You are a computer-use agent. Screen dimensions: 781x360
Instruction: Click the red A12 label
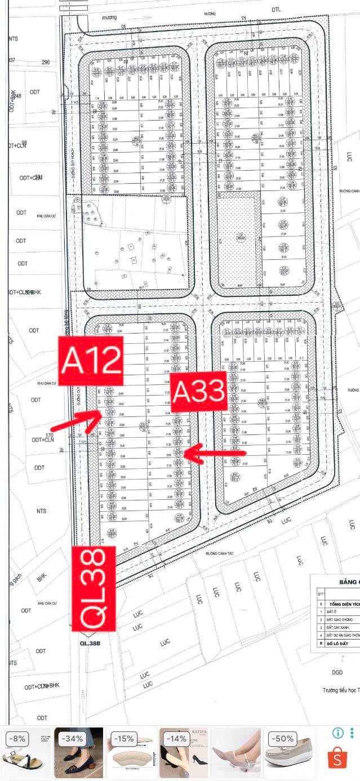coord(91,361)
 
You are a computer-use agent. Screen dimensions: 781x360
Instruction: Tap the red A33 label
coord(198,391)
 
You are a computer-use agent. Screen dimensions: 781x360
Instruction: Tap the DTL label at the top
coord(275,10)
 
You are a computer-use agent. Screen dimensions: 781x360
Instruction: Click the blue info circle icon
coord(338,733)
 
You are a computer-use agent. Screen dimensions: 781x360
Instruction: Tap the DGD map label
coord(337,672)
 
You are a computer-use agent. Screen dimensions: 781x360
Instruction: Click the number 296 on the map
coord(46,63)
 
